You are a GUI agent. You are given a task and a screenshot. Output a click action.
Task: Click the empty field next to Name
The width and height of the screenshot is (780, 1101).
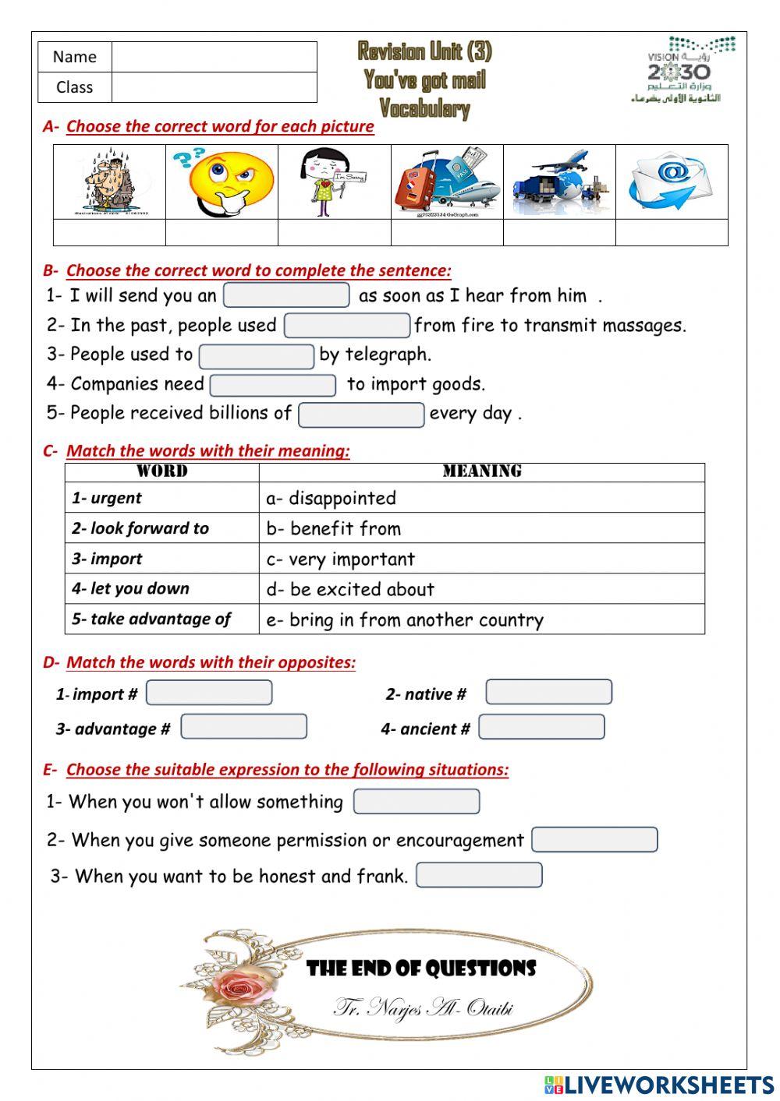[214, 57]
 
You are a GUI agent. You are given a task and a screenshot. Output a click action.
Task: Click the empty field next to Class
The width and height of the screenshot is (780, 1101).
[214, 87]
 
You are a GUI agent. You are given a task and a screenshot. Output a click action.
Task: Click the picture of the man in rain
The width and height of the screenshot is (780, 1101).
[110, 182]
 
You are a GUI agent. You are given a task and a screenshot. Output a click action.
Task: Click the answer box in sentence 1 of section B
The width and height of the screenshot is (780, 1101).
[286, 295]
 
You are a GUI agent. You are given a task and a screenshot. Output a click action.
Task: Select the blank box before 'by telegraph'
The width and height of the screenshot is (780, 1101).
[257, 355]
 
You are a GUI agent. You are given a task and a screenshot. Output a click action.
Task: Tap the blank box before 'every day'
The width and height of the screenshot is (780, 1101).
[361, 415]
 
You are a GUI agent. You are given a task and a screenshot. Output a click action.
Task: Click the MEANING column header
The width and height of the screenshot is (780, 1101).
[481, 471]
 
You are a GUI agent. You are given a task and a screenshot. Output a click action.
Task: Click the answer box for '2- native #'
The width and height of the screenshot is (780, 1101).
[548, 692]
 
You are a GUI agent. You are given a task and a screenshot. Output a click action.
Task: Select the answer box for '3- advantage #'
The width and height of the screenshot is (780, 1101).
[243, 727]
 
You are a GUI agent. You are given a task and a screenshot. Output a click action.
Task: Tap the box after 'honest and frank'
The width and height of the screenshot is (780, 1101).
[479, 875]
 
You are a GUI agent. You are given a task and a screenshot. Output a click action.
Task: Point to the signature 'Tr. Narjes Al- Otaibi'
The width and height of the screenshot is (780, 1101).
[423, 1007]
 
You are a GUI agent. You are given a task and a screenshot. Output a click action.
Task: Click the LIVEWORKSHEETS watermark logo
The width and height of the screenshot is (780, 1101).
[659, 1085]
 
